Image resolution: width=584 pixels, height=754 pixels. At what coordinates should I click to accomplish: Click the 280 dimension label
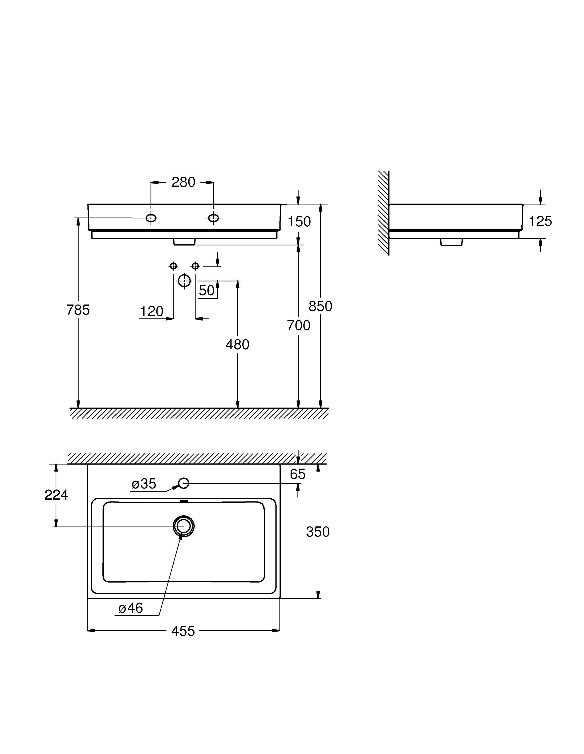coord(183,182)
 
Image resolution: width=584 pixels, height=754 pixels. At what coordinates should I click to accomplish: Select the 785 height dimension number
coord(78,310)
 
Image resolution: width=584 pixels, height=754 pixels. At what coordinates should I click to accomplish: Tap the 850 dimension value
coord(320,306)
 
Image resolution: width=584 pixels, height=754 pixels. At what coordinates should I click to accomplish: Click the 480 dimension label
coord(237,345)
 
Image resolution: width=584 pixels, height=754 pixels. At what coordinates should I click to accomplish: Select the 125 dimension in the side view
coord(540,221)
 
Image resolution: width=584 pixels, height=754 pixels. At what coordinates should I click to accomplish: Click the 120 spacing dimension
coord(151,311)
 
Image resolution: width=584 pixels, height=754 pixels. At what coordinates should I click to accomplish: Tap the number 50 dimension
coord(207,291)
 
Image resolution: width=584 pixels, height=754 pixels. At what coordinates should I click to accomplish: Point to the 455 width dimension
coord(183,631)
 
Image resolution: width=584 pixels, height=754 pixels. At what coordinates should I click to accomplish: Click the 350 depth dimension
coord(317,532)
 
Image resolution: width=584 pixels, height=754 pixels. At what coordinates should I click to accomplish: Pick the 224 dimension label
coord(56,495)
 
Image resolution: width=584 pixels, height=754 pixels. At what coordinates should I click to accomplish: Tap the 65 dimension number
coord(297,474)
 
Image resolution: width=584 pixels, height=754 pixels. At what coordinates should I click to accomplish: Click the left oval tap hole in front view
coord(151,218)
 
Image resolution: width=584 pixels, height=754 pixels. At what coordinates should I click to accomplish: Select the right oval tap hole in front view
coord(213,218)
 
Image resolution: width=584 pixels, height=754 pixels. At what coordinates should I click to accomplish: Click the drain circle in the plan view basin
coord(184,527)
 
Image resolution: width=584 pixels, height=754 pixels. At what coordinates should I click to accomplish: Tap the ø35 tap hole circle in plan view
coord(184,483)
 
